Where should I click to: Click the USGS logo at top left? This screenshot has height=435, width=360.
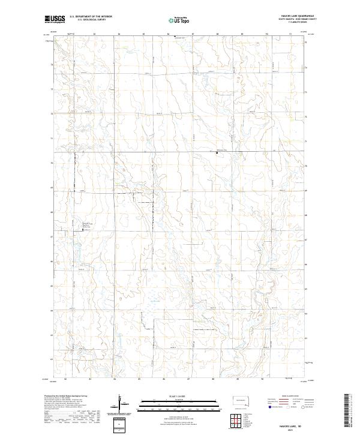point(55,20)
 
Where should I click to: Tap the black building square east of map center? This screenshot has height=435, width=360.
point(217,153)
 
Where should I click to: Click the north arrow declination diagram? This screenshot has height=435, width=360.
point(120,402)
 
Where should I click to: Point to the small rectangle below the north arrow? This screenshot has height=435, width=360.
point(120,424)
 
